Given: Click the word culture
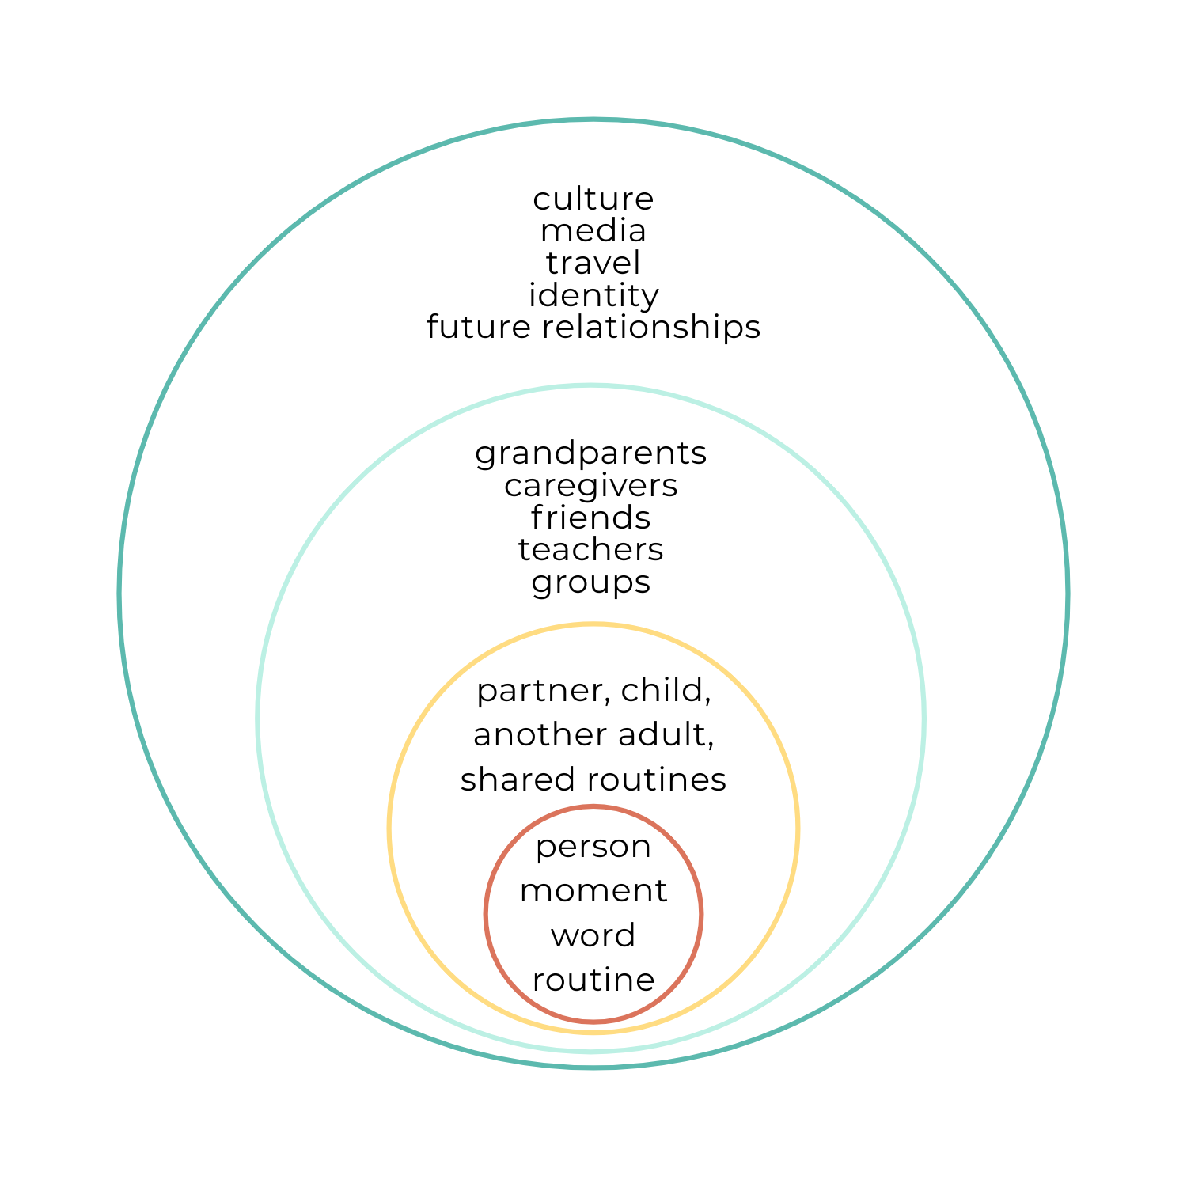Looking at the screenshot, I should [x=593, y=199].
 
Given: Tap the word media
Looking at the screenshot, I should [x=593, y=231].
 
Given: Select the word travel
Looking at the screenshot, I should [x=593, y=263].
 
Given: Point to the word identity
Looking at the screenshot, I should [x=593, y=296].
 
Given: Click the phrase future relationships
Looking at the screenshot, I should [x=593, y=327].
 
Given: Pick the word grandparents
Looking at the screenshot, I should [x=590, y=454].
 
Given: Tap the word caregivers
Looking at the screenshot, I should [x=590, y=486].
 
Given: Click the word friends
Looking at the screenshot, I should [x=590, y=518].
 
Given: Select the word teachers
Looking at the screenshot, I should [x=590, y=550].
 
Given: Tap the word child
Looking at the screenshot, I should [x=666, y=690].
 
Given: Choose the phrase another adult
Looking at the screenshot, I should [x=593, y=735].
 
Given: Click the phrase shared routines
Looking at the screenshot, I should [x=593, y=780].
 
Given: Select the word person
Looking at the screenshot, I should [x=593, y=848].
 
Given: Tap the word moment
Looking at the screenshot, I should [x=593, y=891].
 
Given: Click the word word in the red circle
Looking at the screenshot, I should [x=593, y=936].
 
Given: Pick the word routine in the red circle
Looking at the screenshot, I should [x=593, y=980].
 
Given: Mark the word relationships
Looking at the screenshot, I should [x=650, y=327].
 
